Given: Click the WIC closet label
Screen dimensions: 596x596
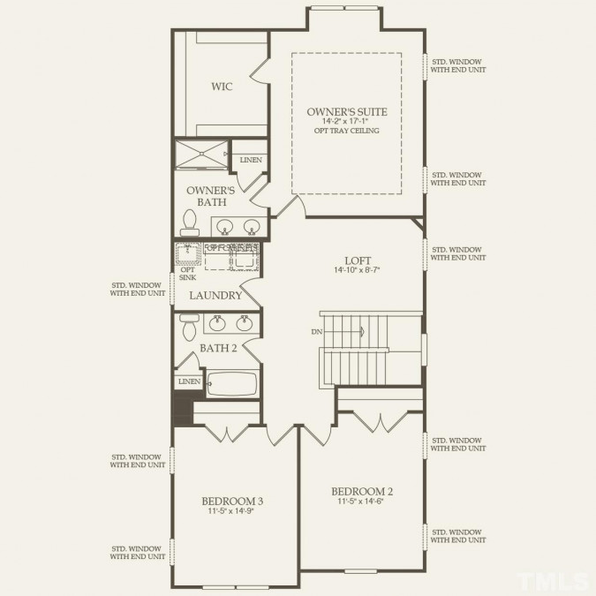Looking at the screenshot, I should [x=221, y=87].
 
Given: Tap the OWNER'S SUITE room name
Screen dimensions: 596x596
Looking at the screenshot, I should [x=346, y=111].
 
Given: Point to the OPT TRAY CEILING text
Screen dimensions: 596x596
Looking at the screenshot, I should [x=346, y=132].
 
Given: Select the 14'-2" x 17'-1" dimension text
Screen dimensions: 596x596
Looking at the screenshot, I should [x=346, y=122].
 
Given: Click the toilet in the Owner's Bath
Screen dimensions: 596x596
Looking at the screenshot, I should [x=188, y=219].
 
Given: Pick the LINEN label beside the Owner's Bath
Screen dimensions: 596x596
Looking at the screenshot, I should [x=250, y=159].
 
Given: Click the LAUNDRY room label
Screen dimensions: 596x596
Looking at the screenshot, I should [x=215, y=296].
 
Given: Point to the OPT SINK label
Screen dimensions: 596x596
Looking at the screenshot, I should [x=187, y=274].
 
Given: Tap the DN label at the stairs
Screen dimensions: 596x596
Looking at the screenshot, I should [x=316, y=332].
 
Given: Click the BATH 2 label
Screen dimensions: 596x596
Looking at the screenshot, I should [x=217, y=348].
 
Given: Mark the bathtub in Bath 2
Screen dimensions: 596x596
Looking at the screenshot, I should [x=232, y=383].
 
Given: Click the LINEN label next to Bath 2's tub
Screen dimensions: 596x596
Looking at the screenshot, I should [x=188, y=381].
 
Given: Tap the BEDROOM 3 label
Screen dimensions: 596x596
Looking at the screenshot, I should [x=233, y=501].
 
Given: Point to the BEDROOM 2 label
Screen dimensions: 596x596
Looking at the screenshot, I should [x=362, y=491].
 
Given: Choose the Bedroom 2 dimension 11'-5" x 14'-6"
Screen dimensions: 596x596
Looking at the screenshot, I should [x=362, y=502].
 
